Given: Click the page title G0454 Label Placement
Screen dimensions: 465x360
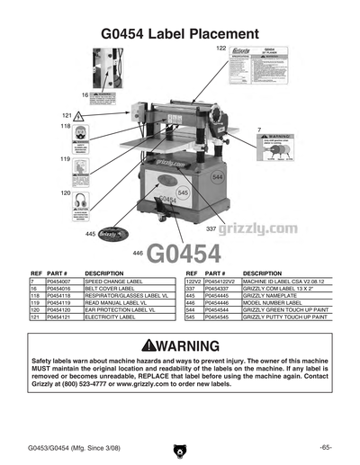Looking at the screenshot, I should click(x=180, y=33).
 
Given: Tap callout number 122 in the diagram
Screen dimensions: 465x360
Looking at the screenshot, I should click(x=221, y=47).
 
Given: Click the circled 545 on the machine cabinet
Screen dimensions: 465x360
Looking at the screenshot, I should click(x=184, y=193).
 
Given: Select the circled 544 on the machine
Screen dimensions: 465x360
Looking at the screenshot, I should click(x=217, y=178).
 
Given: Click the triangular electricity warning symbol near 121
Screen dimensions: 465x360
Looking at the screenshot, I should click(x=79, y=116).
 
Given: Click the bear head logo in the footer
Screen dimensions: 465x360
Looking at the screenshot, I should click(x=180, y=447).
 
